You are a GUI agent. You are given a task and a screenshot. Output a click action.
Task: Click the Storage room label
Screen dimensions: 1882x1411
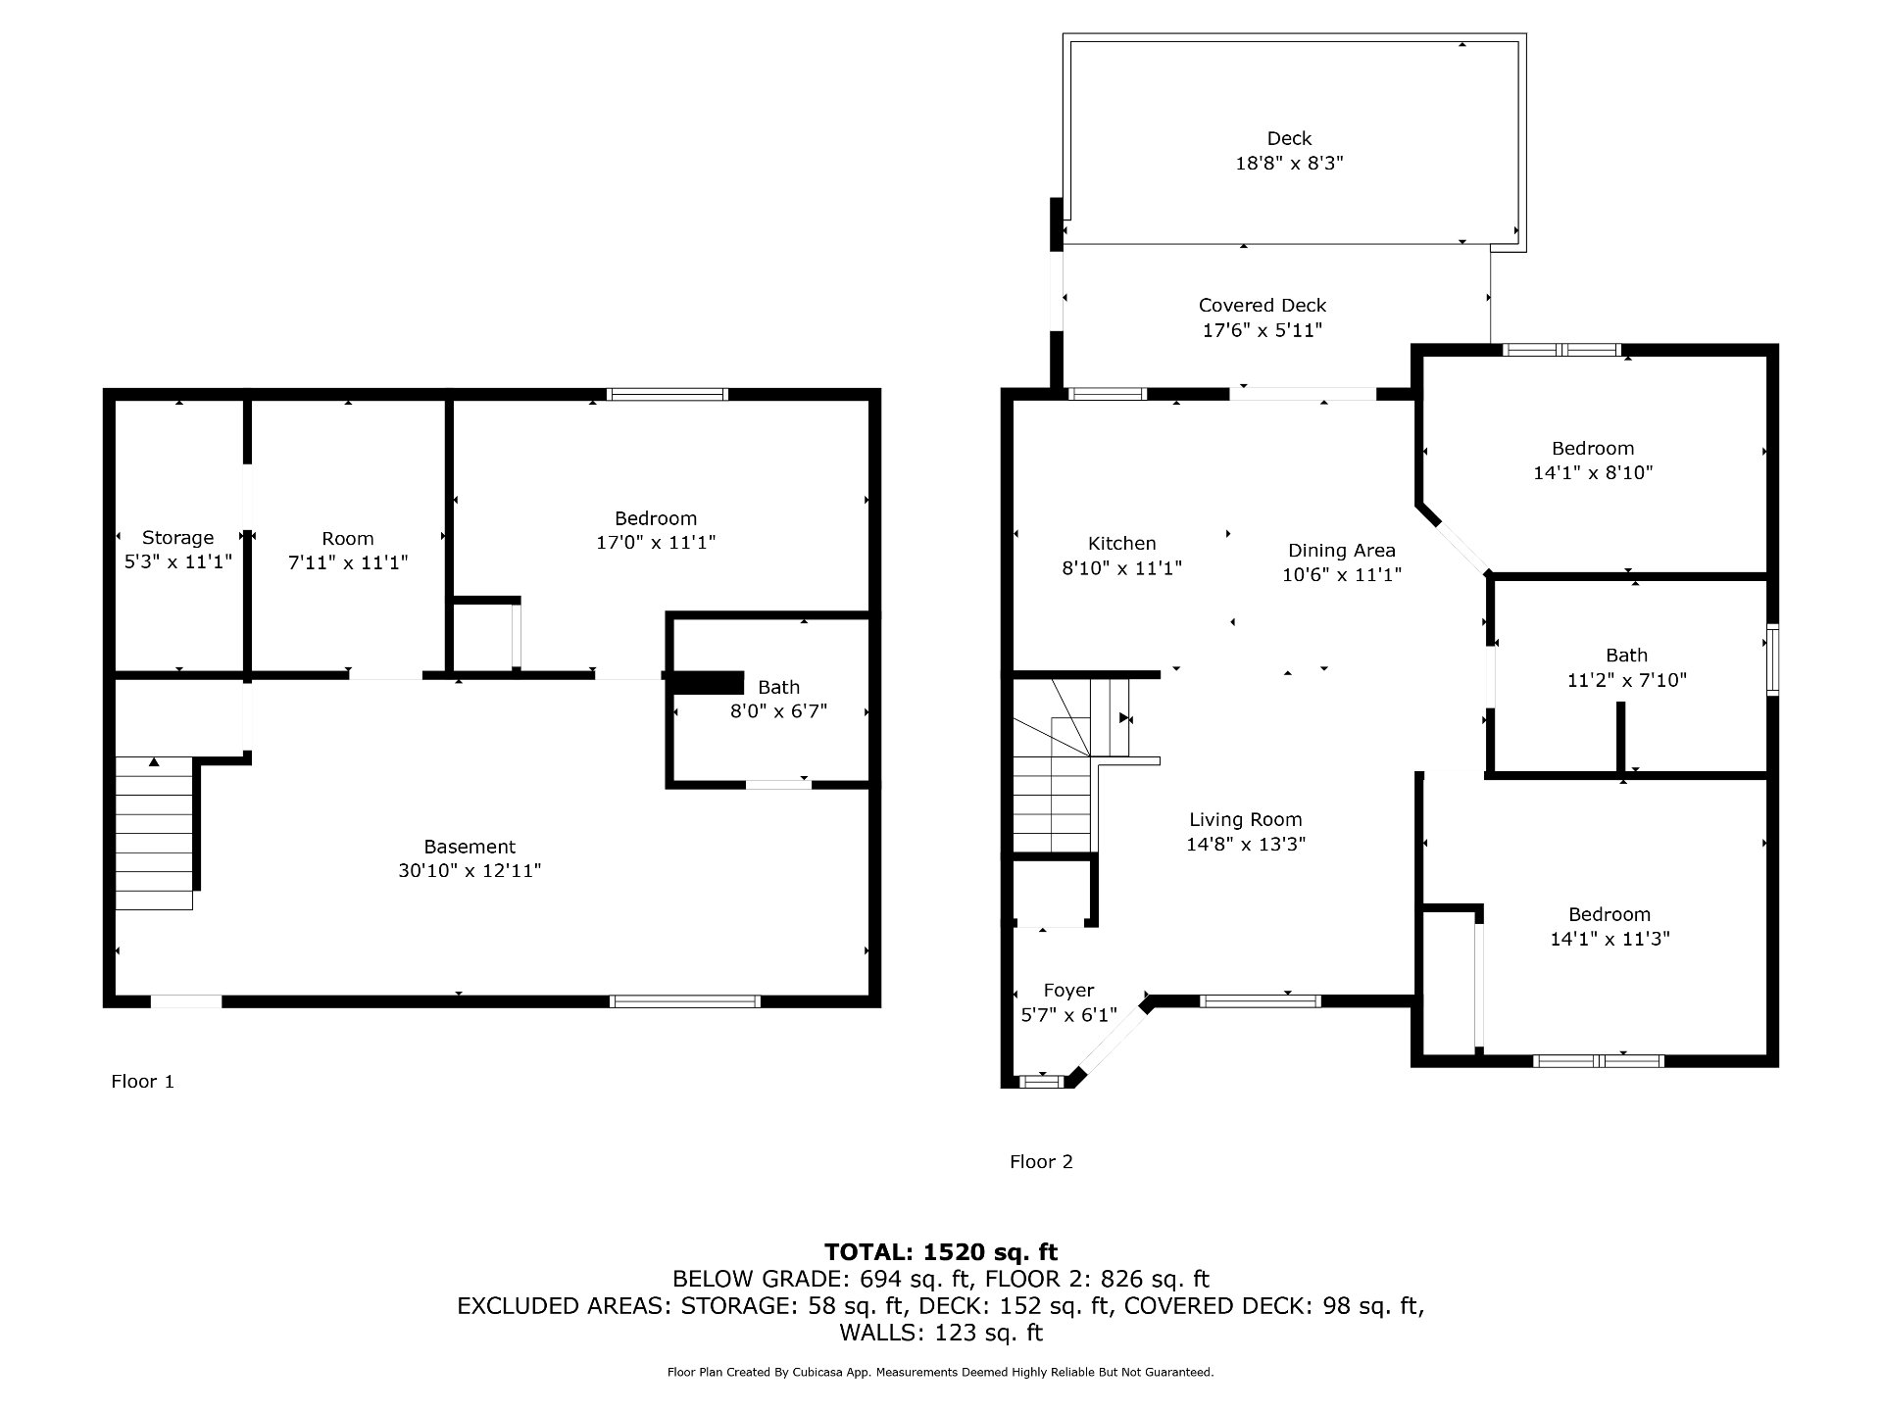(x=177, y=537)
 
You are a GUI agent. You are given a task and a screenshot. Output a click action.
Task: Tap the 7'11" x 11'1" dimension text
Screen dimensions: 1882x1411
(x=348, y=562)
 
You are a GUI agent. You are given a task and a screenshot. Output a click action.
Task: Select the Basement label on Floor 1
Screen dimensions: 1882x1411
(x=470, y=847)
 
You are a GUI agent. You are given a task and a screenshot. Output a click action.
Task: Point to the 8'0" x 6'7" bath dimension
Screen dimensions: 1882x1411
(x=778, y=711)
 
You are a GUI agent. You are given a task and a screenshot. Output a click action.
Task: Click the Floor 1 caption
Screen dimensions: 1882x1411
(x=142, y=1082)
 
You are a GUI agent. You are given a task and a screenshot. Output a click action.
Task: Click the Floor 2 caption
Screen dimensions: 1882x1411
(x=1041, y=1162)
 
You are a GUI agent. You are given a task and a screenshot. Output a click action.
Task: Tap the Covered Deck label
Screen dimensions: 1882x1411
(x=1263, y=306)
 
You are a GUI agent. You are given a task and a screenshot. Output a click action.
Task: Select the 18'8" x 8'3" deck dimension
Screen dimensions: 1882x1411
(x=1289, y=164)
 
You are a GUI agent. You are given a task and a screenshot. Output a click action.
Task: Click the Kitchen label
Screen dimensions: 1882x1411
(x=1122, y=544)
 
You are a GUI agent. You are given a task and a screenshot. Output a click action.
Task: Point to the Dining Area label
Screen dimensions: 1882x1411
(x=1341, y=551)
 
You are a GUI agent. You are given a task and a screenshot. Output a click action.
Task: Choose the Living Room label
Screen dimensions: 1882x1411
(x=1246, y=820)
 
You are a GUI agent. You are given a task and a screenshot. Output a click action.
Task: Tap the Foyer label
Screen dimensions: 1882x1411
(x=1068, y=991)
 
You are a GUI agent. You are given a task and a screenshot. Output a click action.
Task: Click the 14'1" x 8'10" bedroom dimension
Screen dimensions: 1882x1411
(x=1593, y=472)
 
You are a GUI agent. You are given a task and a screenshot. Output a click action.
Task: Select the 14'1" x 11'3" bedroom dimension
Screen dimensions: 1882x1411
(x=1610, y=939)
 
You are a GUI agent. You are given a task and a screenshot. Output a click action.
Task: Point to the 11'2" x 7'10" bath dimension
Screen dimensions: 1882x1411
(x=1627, y=680)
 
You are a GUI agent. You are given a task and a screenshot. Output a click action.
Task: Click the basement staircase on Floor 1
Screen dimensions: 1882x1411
(x=154, y=833)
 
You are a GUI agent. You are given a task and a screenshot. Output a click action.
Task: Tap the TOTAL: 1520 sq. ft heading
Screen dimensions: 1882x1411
(x=941, y=1252)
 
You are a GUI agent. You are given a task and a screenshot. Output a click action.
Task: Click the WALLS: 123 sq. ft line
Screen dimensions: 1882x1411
(x=941, y=1333)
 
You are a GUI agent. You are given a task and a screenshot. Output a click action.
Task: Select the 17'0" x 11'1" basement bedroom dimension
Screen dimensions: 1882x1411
(x=656, y=542)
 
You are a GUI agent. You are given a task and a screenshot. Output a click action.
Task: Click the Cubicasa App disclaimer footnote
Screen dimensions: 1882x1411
(x=941, y=1373)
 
